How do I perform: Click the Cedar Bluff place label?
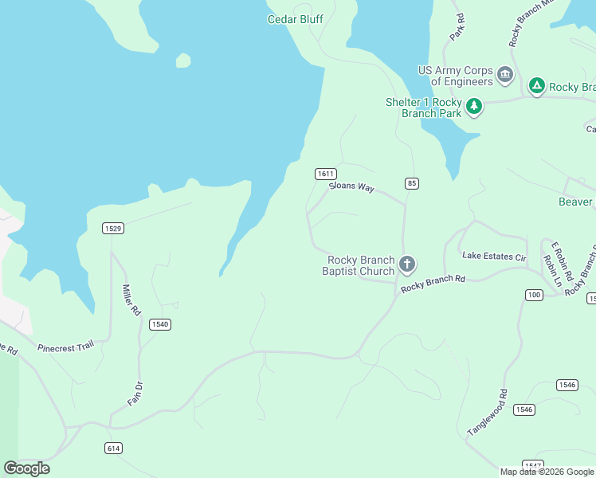click(295, 19)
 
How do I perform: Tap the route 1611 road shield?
click(325, 174)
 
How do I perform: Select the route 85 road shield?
click(411, 183)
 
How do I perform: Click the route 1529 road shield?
click(113, 229)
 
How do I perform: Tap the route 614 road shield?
click(113, 449)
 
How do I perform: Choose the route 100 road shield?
click(534, 295)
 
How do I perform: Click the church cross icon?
click(407, 264)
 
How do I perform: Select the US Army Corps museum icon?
click(504, 75)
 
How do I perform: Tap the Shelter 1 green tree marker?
click(474, 106)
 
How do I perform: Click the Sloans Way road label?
click(351, 186)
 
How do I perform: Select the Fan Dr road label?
click(135, 393)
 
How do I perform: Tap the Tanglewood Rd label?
click(488, 412)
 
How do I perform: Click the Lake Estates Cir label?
click(495, 256)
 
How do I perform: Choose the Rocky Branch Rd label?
click(433, 283)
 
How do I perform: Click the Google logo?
click(26, 468)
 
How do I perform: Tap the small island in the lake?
click(183, 61)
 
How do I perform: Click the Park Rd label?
click(457, 27)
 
